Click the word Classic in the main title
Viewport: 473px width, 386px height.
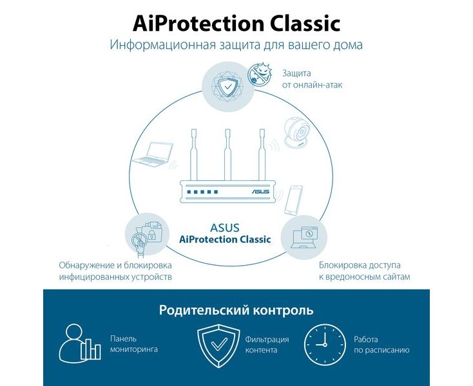(x=305, y=23)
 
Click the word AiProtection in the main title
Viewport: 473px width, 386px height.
(x=198, y=24)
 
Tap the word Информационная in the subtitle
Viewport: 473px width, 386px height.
(x=162, y=45)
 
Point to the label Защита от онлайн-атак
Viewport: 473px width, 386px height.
(x=312, y=79)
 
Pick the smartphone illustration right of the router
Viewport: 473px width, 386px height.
(x=293, y=201)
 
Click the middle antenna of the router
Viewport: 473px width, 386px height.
(x=227, y=155)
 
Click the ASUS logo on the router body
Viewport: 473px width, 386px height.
(x=260, y=192)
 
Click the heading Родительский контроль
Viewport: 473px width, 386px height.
(x=236, y=310)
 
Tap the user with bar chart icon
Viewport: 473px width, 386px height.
(x=80, y=342)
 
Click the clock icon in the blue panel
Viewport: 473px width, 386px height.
(x=325, y=345)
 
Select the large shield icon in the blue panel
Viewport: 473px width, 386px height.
(x=218, y=345)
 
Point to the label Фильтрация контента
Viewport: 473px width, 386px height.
(x=267, y=345)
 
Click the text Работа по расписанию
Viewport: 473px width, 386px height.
(x=381, y=345)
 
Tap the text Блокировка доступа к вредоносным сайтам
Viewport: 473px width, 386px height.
(x=365, y=271)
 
